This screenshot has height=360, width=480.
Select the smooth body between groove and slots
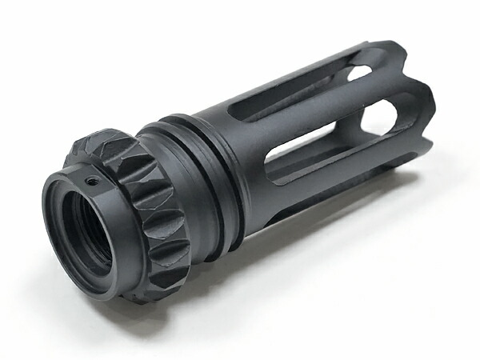pyautogui.click(x=240, y=160)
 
